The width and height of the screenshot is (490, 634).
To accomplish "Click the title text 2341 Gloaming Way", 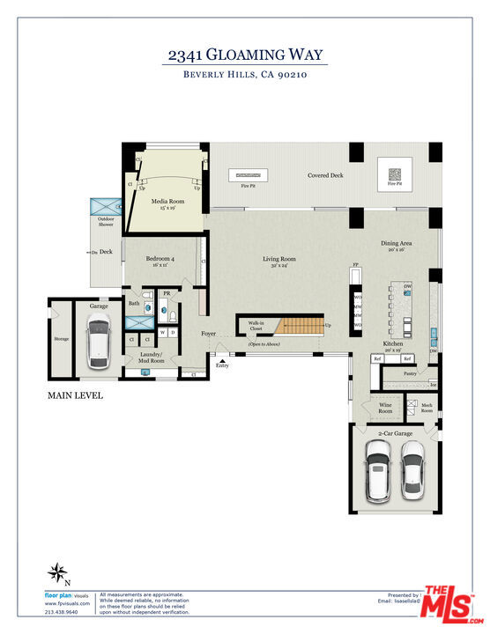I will pos(245,55).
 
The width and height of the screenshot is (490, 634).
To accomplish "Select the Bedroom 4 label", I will pos(160,262).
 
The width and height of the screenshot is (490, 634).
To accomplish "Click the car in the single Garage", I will pos(99,343).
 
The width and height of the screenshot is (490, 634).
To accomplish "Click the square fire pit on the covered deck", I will pos(394,173).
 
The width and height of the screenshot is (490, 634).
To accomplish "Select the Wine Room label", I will pos(385,408).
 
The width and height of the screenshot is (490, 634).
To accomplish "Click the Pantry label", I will pos(409,374).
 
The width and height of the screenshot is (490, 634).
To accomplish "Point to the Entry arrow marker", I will pos(221,359).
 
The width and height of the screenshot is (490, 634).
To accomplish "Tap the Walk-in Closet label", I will pos(256,326).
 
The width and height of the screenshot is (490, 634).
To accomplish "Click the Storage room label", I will pos(61,337).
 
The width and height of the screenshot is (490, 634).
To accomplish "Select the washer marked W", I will pos(163,332).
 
